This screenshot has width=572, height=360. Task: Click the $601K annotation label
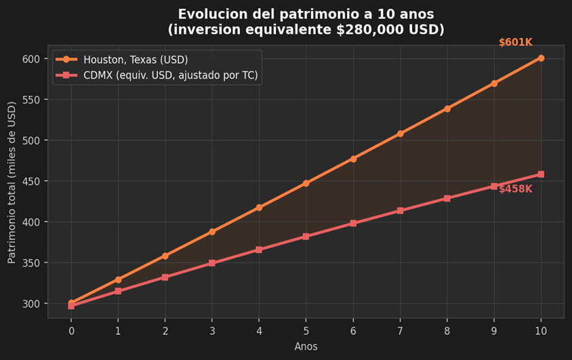coord(516,43)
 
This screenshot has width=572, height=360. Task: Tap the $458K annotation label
coord(516,189)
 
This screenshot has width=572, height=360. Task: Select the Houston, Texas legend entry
coord(136,60)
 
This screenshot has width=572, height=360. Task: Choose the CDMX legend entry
coord(170,75)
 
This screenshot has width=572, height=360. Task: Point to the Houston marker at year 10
coord(541,58)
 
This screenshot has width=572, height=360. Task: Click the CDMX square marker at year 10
coord(541,174)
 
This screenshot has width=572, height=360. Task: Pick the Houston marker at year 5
coord(306,183)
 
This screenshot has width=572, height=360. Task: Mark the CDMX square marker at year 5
coord(306,237)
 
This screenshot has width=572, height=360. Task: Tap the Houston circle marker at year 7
coord(400,134)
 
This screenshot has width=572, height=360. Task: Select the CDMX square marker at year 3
coord(212,263)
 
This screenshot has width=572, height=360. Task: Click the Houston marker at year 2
coord(165,256)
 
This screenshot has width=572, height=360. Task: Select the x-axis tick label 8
coord(447,330)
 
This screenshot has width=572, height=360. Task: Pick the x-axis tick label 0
coord(71,330)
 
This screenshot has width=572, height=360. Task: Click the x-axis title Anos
coord(306,346)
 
